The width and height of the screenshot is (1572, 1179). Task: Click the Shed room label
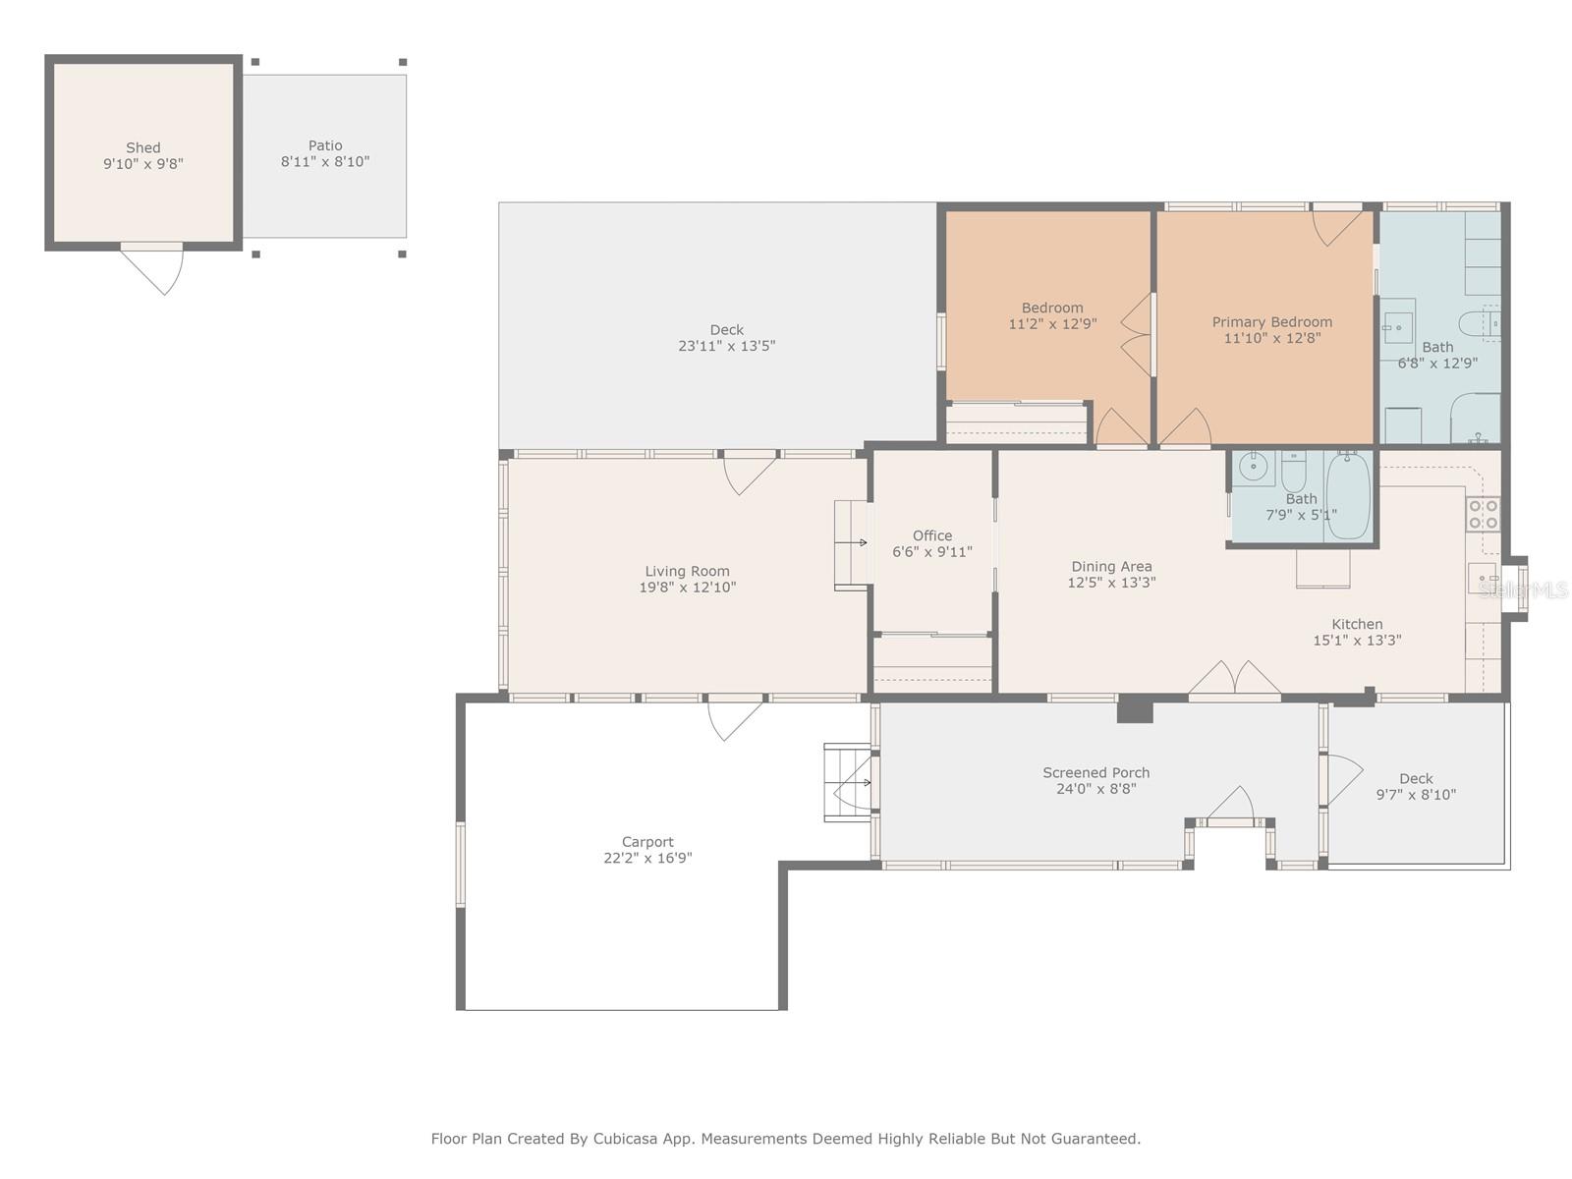[x=143, y=148]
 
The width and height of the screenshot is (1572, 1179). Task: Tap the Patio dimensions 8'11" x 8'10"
[x=325, y=162]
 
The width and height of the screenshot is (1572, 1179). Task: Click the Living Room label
[x=687, y=571]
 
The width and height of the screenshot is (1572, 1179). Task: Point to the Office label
[x=931, y=535]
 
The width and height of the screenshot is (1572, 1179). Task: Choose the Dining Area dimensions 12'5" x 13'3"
[x=1111, y=583]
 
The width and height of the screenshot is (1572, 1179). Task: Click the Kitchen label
[x=1357, y=624]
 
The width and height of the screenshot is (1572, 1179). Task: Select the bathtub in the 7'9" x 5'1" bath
[x=1349, y=495]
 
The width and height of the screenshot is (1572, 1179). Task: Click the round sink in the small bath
[x=1254, y=469]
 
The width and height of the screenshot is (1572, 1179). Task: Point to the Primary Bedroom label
[x=1272, y=322]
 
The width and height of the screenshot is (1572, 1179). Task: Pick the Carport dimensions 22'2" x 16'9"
[x=647, y=859]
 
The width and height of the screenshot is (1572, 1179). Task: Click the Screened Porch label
[x=1095, y=773]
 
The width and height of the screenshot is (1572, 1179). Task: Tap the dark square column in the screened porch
[x=1135, y=709]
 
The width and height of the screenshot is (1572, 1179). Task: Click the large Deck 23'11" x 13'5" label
[x=726, y=330]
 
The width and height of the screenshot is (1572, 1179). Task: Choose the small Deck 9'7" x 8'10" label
[x=1416, y=779]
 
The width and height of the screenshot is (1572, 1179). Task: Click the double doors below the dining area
[x=1235, y=677]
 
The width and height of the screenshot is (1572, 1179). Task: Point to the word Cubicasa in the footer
[x=625, y=1139]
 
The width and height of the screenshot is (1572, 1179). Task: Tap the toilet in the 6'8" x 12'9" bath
[x=1480, y=324]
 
